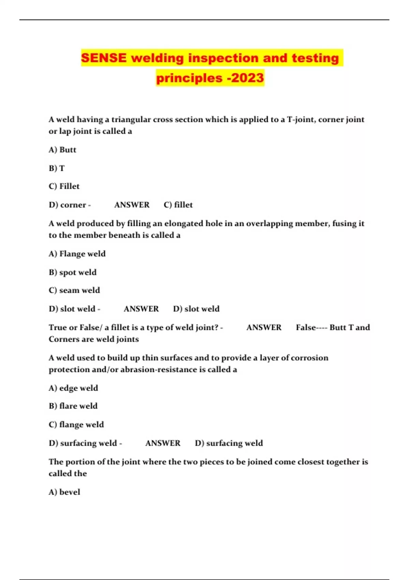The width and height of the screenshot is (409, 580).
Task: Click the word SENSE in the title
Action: [104, 58]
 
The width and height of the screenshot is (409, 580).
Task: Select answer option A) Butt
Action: [62, 150]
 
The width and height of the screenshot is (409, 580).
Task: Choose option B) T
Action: [57, 168]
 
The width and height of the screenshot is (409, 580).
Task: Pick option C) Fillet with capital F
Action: [64, 186]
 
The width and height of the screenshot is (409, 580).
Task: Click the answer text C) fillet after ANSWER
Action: [178, 205]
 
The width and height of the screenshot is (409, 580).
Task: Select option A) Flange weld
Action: [77, 254]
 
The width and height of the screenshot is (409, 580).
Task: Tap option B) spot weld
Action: [73, 272]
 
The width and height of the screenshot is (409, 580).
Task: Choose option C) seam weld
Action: [74, 290]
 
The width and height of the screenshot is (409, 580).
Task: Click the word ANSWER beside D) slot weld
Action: [141, 309]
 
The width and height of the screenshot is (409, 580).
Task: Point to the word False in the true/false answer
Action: [306, 328]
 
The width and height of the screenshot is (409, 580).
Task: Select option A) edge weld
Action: [73, 388]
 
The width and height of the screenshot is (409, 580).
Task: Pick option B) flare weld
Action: [73, 406]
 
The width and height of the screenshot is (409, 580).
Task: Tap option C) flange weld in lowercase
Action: [76, 424]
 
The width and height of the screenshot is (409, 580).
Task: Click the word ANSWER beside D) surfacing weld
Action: [163, 443]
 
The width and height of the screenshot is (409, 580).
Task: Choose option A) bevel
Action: [64, 492]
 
